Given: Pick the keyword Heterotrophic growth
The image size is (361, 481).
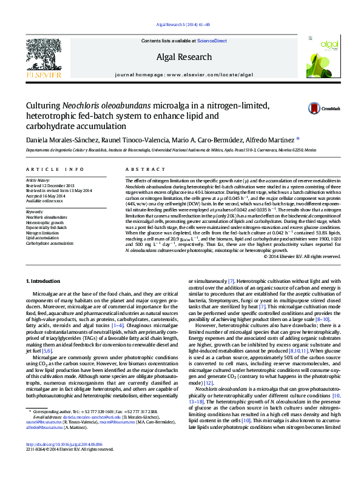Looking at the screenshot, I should [44, 222].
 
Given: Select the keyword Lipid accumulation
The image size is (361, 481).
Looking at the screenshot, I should [41, 238].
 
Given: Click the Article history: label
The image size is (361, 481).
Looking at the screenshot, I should [38, 181].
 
